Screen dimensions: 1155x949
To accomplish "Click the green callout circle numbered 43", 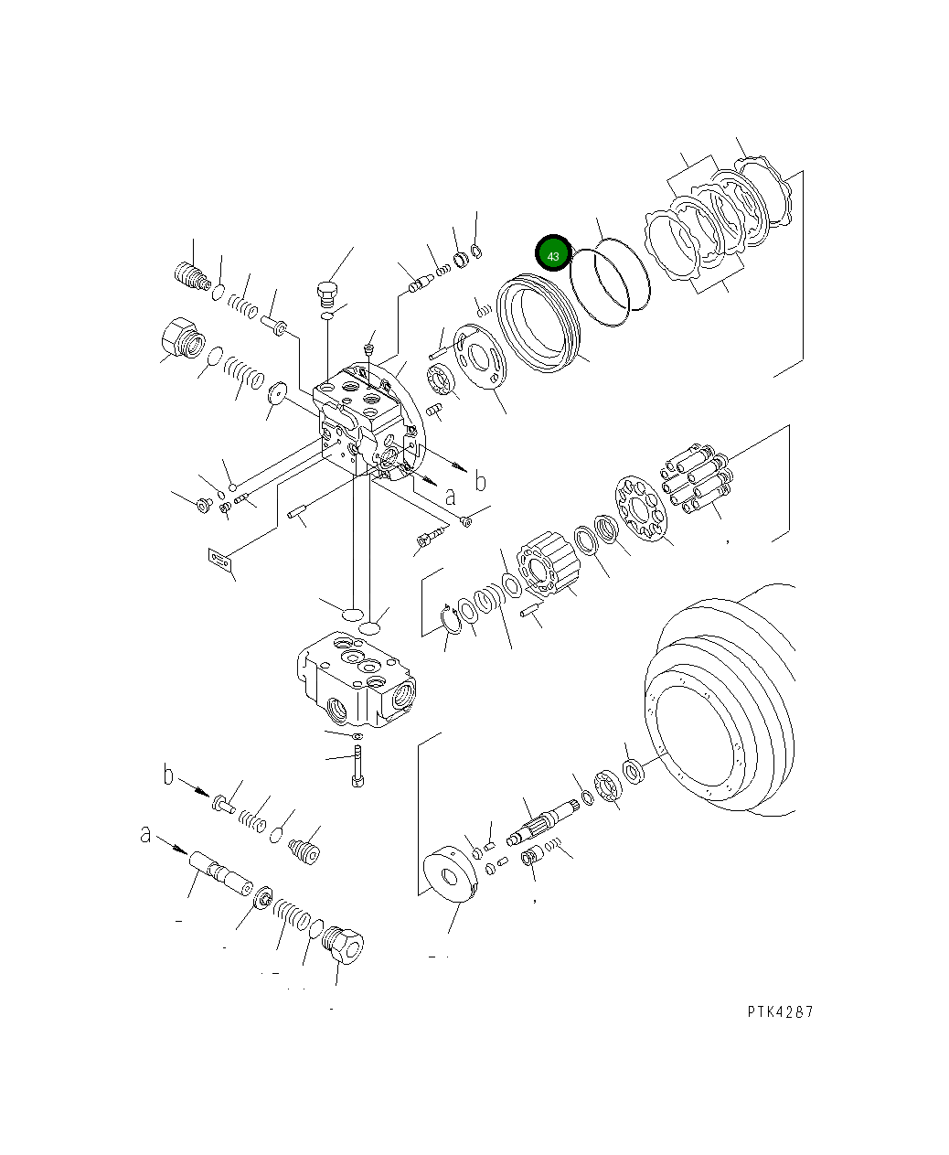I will click(553, 255).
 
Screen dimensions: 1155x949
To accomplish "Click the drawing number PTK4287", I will click(780, 1011).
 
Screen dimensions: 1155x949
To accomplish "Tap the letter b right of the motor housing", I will click(479, 481).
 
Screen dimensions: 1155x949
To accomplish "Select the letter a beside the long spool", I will click(146, 834).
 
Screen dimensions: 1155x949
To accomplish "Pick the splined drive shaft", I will click(546, 821).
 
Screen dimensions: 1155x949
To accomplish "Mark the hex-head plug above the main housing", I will click(326, 294).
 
